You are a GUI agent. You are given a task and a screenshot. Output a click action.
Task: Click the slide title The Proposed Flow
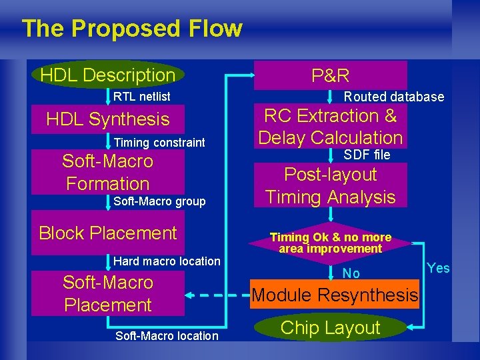coord(131,29)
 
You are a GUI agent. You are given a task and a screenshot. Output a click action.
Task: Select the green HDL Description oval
coord(107,75)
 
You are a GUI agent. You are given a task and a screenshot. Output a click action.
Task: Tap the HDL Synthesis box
coord(108,119)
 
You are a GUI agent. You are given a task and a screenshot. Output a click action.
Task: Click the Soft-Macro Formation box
coord(108,172)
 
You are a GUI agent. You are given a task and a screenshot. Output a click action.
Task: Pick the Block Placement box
coord(108,233)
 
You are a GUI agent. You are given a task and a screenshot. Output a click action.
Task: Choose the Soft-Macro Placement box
coord(108,293)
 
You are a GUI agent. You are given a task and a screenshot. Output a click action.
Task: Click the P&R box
coord(331,75)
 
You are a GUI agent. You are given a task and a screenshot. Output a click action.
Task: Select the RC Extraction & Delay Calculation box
coord(331,127)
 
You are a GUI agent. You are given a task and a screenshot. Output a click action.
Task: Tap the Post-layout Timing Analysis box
coord(331,185)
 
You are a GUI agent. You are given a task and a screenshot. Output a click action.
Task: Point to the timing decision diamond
coord(331,243)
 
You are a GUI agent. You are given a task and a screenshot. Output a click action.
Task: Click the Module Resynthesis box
coord(335,295)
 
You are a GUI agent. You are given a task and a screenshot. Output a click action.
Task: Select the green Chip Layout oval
coord(331,327)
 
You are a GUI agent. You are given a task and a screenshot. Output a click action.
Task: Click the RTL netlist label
coord(141,97)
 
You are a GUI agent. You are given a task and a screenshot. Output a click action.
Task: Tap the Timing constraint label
coord(159,143)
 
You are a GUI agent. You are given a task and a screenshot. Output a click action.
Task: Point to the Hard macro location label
coord(167,261)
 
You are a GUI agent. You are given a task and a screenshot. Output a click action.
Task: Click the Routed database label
coord(393,97)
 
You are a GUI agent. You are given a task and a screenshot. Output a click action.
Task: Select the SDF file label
coord(367,155)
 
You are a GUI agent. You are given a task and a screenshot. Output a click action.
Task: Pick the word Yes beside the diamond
coord(438,268)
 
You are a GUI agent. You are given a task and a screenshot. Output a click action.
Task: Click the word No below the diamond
coord(351,273)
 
